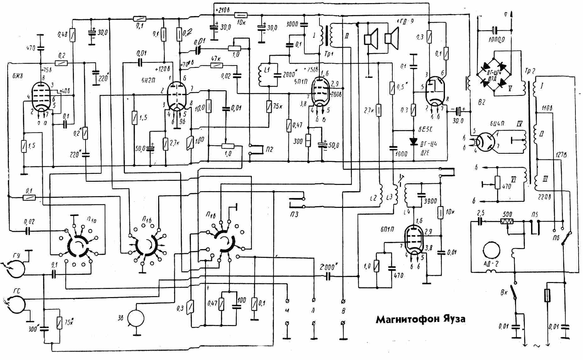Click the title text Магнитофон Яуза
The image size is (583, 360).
(x=420, y=319)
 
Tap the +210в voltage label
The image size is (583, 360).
(x=222, y=10)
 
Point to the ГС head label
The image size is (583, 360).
(x=17, y=291)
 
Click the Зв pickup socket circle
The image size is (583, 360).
(x=135, y=318)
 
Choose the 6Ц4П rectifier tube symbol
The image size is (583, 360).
(x=486, y=141)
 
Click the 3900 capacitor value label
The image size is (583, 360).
(x=430, y=202)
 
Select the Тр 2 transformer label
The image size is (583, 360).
(x=530, y=71)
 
